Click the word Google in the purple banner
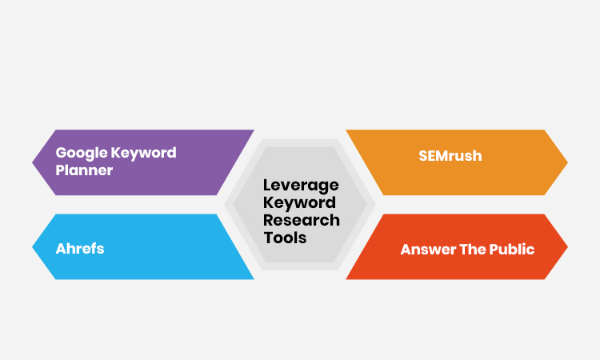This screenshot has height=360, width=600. (82, 153)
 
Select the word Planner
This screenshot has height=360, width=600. (84, 170)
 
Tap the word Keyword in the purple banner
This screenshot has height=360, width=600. (144, 153)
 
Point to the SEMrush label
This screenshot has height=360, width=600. (450, 156)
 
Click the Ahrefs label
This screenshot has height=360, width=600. (80, 248)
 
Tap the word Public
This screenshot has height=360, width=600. (510, 249)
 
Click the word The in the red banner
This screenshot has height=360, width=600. (470, 249)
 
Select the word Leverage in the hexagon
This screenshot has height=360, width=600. (301, 186)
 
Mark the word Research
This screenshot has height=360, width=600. (302, 220)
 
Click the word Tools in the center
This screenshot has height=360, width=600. (285, 238)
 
